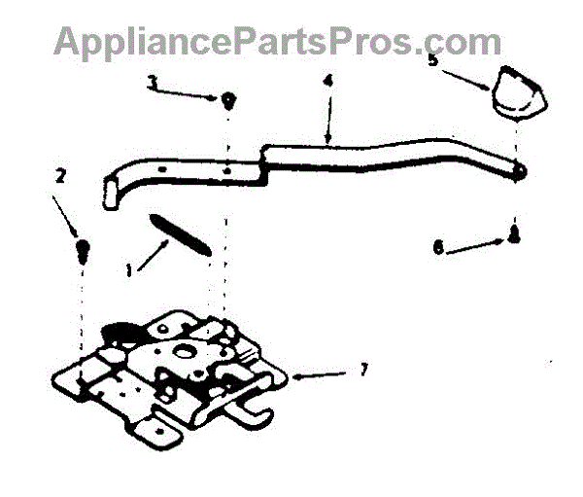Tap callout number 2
point(60,176)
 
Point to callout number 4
point(327,80)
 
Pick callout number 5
point(433,59)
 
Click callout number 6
point(439,249)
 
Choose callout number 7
point(363,370)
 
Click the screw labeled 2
point(85,250)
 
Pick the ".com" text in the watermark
point(462,41)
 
